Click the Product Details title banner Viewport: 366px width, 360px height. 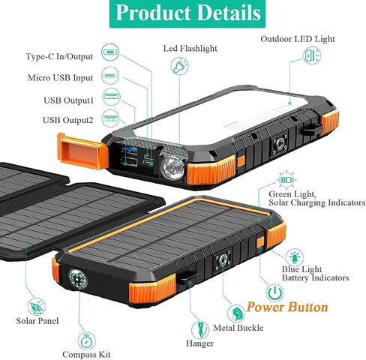(x=187, y=13)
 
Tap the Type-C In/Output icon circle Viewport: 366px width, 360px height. (x=110, y=52)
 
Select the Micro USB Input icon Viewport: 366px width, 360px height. (x=110, y=75)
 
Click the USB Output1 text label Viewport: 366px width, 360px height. (x=68, y=100)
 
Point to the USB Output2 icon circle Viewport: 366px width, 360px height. (x=110, y=118)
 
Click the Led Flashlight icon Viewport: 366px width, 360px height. (x=179, y=66)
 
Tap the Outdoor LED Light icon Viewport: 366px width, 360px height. (x=312, y=55)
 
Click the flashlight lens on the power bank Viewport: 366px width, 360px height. (x=172, y=168)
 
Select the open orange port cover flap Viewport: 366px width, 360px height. (x=82, y=151)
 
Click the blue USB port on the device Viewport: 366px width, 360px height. (x=129, y=150)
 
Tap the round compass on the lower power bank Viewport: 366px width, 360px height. (x=78, y=279)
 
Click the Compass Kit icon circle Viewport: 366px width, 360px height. (x=86, y=340)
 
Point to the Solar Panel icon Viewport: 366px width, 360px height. (x=37, y=307)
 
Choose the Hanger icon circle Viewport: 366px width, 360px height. (x=200, y=330)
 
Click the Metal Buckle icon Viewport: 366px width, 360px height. (x=236, y=313)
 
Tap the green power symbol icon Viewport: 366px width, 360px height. (x=274, y=292)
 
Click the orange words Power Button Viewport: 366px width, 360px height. (x=287, y=307)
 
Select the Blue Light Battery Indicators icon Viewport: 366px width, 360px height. (x=295, y=257)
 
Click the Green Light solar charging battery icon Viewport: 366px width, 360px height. (x=286, y=179)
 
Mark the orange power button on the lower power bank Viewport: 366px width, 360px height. (x=260, y=242)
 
